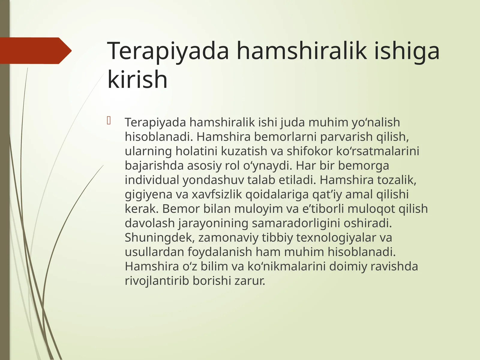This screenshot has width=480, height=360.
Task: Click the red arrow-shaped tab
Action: [x=34, y=51]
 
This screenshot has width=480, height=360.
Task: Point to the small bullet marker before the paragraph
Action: [x=109, y=121]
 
